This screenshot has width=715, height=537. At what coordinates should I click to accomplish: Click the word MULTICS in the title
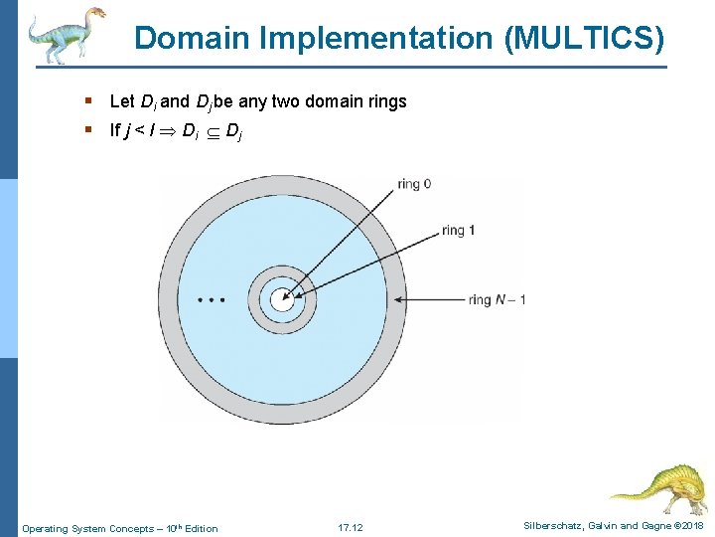[x=585, y=39]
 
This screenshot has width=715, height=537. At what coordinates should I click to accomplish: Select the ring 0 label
[x=414, y=183]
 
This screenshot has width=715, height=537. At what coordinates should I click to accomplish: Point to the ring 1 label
[x=458, y=230]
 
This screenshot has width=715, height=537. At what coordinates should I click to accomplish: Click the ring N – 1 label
[x=497, y=299]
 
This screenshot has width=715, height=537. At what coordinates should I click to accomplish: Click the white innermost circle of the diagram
[x=282, y=298]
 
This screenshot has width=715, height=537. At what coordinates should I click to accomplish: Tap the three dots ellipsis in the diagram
[x=212, y=298]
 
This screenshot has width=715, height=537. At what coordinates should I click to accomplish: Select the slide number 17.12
[x=351, y=527]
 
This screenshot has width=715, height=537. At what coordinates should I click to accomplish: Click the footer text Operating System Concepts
[x=87, y=528]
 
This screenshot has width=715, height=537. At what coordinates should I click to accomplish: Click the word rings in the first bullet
[x=386, y=101]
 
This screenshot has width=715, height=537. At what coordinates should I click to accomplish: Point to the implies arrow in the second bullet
[x=167, y=130]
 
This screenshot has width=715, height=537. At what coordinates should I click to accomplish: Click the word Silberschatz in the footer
[x=551, y=525]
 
